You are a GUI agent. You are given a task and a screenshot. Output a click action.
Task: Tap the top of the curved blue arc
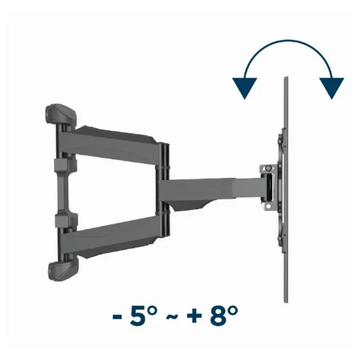coord(288,41)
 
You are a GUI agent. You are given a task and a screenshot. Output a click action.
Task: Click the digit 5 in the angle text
coord(138,316)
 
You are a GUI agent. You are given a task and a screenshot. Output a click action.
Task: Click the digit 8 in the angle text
coord(218,316)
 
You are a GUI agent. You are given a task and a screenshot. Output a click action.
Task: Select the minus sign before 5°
coord(118,317)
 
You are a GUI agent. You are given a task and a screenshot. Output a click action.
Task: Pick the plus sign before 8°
coord(194,316)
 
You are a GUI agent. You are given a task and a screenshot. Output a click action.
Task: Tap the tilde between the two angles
coord(172,317)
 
